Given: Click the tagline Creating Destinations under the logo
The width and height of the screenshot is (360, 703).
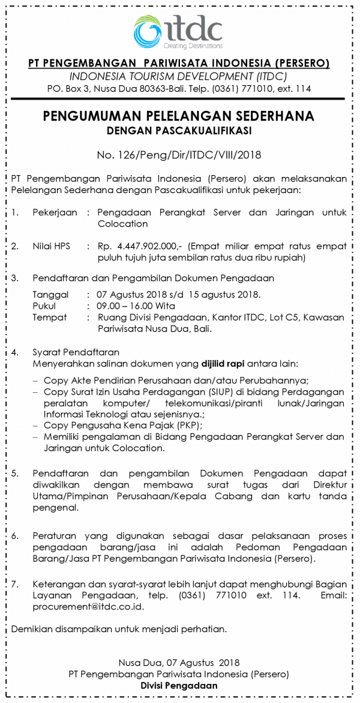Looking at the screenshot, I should point(193,46).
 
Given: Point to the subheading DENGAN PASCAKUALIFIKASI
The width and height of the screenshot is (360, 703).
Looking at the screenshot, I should point(179,130).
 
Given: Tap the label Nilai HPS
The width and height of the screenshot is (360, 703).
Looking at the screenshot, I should point(51,246).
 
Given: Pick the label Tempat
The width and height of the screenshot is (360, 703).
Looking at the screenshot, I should point(50,317).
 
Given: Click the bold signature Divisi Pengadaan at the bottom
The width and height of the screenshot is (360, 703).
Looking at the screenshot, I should point(179,686).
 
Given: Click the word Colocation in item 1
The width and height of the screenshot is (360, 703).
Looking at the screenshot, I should point(122,224).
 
